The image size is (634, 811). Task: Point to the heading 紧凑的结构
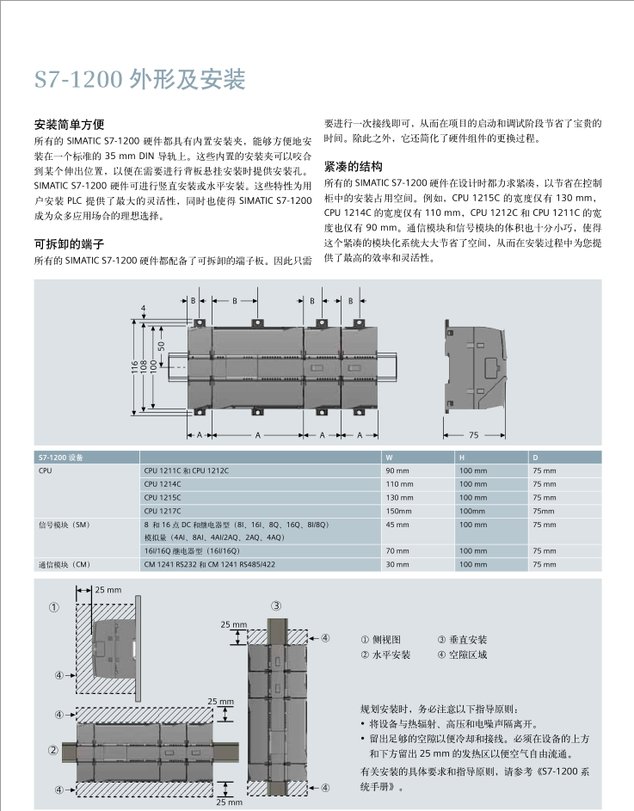point(353,167)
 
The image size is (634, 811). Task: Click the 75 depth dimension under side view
point(473,436)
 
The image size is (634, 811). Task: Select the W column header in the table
point(389,458)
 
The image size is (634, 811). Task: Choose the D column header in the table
point(535,458)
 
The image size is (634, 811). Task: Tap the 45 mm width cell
point(397,524)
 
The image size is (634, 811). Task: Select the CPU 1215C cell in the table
point(163,497)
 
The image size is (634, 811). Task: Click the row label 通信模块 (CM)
point(64,564)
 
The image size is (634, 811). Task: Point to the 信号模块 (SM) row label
point(64,524)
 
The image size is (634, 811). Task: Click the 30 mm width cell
point(397,564)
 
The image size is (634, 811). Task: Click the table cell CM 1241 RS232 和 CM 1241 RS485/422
point(209,564)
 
